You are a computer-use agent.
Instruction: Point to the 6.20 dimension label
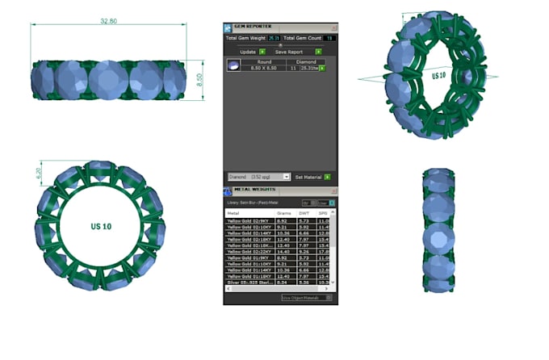pyautogui.click(x=38, y=172)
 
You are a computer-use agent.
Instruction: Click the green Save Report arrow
pyautogui.click(x=318, y=52)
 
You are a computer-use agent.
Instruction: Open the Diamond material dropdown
pyautogui.click(x=258, y=176)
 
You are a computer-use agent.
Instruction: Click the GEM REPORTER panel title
pyautogui.click(x=253, y=27)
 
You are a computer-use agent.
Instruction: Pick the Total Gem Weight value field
pyautogui.click(x=274, y=38)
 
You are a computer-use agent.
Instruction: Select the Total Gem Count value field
pyautogui.click(x=330, y=38)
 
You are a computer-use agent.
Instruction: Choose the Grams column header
pyautogui.click(x=283, y=213)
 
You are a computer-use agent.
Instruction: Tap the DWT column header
pyautogui.click(x=304, y=213)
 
